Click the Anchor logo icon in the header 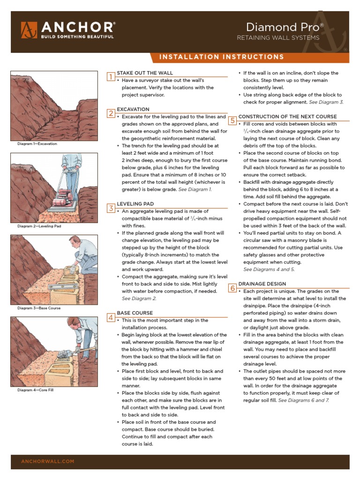pos(29,30)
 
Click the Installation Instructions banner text pos(221,57)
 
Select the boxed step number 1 pos(111,77)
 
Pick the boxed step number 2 pos(111,113)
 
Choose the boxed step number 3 pos(111,208)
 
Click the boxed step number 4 pos(111,317)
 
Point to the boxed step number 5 pos(232,120)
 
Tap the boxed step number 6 pos(232,288)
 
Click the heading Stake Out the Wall pos(145,73)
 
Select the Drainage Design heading pos(262,284)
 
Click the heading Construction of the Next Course pos(287,117)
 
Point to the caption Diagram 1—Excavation pos(37,144)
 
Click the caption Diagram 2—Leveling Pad pos(39,226)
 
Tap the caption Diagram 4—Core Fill pos(36,390)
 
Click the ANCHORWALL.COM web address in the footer pos(48,462)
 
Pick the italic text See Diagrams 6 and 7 pos(304,401)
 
